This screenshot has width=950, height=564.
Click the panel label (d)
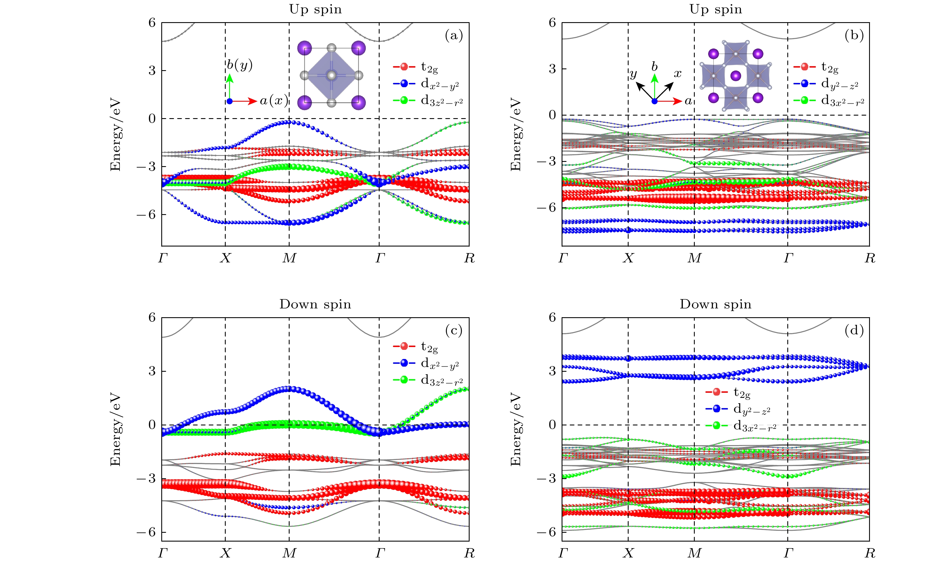tap(854, 331)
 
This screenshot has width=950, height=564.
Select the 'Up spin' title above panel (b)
tap(716, 9)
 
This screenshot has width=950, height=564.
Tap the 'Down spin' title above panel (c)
tap(315, 304)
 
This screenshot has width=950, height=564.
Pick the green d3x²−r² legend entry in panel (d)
tap(754, 426)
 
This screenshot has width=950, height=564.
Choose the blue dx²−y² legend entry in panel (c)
tap(440, 363)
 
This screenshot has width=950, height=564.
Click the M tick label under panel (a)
tap(289, 258)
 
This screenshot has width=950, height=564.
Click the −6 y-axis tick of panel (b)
tap(547, 208)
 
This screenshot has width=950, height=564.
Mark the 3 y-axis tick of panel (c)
tap(152, 371)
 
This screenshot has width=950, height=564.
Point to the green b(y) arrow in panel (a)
tap(229, 83)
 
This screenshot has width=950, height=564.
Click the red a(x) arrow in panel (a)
tap(245, 101)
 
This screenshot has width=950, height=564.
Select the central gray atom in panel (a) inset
tap(332, 75)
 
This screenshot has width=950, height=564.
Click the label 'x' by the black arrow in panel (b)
tap(678, 73)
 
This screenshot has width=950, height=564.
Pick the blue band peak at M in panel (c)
tap(289, 389)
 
